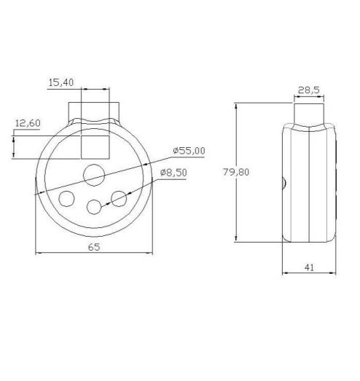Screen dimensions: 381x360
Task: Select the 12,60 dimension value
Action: pos(27,123)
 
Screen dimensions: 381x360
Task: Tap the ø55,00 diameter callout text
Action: pos(189,150)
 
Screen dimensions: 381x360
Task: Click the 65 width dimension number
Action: pos(94,246)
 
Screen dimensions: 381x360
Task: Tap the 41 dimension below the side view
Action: pos(309,268)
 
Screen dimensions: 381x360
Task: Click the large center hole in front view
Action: pos(94,173)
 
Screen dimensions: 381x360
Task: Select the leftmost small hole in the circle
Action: pos(66,198)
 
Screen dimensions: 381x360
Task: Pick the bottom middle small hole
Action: pos(94,207)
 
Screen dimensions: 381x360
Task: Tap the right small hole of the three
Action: pos(120,197)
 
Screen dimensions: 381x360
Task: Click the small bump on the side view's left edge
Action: pos(281,184)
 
